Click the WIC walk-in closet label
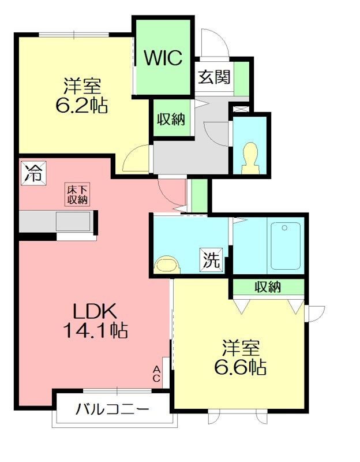tap(163, 58)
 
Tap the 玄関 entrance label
tap(214, 77)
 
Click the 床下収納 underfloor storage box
tap(77, 194)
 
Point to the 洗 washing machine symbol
tap(211, 260)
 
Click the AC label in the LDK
tap(157, 374)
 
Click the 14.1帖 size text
tap(96, 330)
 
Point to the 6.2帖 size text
tap(82, 106)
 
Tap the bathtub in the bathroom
tap(285, 245)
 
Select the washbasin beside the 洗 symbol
tap(168, 263)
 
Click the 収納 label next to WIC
tap(171, 120)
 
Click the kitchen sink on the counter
tap(73, 221)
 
